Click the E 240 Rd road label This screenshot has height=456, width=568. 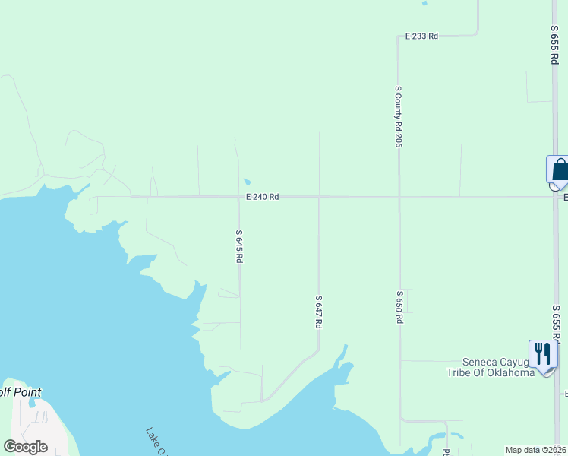tap(262, 197)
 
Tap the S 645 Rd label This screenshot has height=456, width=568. tap(238, 246)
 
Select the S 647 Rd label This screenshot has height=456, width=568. tap(319, 312)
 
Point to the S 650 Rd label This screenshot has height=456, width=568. tap(399, 306)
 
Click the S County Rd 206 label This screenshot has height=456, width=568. tap(398, 116)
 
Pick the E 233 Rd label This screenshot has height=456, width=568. tap(421, 36)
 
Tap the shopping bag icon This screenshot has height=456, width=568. tap(560, 170)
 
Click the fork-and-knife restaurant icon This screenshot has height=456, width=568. tap(542, 354)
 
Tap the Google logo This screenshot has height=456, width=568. tap(26, 447)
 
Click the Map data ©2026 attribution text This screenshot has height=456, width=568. tap(535, 450)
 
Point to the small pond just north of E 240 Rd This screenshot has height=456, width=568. tap(248, 182)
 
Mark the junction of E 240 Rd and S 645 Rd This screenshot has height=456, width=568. tap(238, 197)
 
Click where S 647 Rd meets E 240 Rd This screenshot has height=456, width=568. tap(319, 197)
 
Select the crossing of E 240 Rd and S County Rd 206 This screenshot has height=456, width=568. tap(399, 198)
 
